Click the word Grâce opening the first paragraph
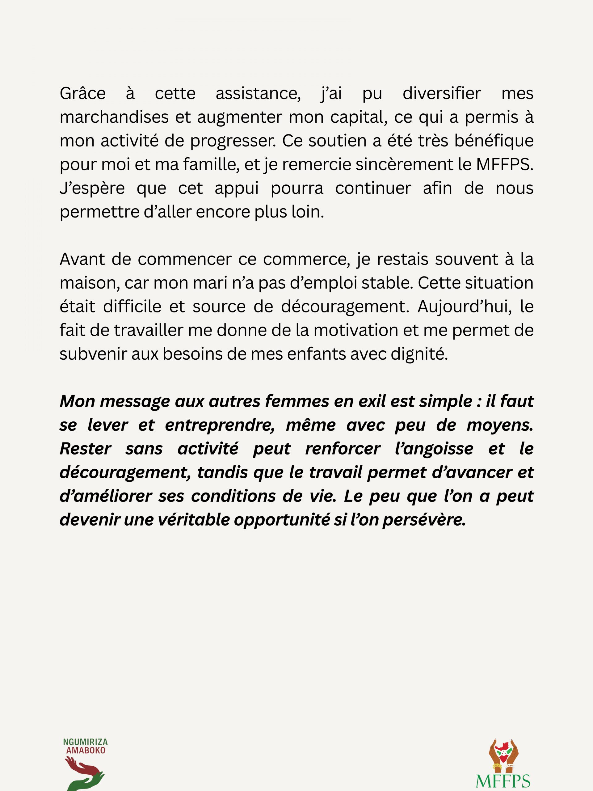click(x=82, y=94)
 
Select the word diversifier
click(x=441, y=94)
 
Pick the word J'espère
click(x=92, y=188)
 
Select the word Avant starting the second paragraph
click(x=82, y=259)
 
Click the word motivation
click(x=356, y=330)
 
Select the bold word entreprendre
click(x=220, y=425)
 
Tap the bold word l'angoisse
click(x=434, y=449)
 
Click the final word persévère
click(x=424, y=520)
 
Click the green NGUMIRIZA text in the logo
click(x=86, y=742)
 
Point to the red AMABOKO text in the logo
click(x=86, y=751)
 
